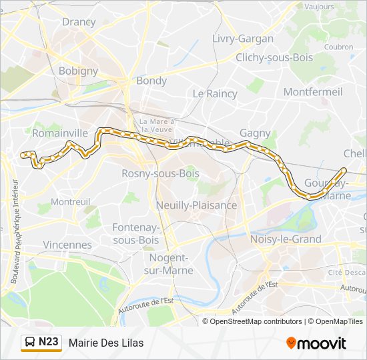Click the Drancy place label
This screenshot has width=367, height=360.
pyautogui.click(x=79, y=21)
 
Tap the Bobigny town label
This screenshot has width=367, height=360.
pyautogui.click(x=78, y=71)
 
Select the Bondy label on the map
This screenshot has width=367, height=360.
pyautogui.click(x=151, y=81)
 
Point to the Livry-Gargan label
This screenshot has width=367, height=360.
pyautogui.click(x=243, y=39)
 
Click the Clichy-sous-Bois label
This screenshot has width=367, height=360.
pyautogui.click(x=274, y=57)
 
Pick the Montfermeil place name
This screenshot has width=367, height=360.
pyautogui.click(x=313, y=91)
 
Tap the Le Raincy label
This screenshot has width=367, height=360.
pyautogui.click(x=215, y=94)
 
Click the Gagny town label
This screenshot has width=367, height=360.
pyautogui.click(x=255, y=133)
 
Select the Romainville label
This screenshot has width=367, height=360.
pyautogui.click(x=60, y=133)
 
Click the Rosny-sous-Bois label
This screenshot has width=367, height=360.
pyautogui.click(x=151, y=173)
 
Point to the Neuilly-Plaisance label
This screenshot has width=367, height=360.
pyautogui.click(x=196, y=205)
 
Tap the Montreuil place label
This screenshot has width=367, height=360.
pyautogui.click(x=71, y=201)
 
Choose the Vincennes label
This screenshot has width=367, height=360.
pyautogui.click(x=67, y=245)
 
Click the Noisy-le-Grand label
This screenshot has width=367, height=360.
pyautogui.click(x=285, y=239)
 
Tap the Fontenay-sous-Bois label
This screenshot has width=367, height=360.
pyautogui.click(x=135, y=233)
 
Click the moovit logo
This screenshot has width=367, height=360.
pyautogui.click(x=316, y=343)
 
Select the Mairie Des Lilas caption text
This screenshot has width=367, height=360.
pyautogui.click(x=106, y=343)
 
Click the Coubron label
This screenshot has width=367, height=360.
pyautogui.click(x=340, y=47)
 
